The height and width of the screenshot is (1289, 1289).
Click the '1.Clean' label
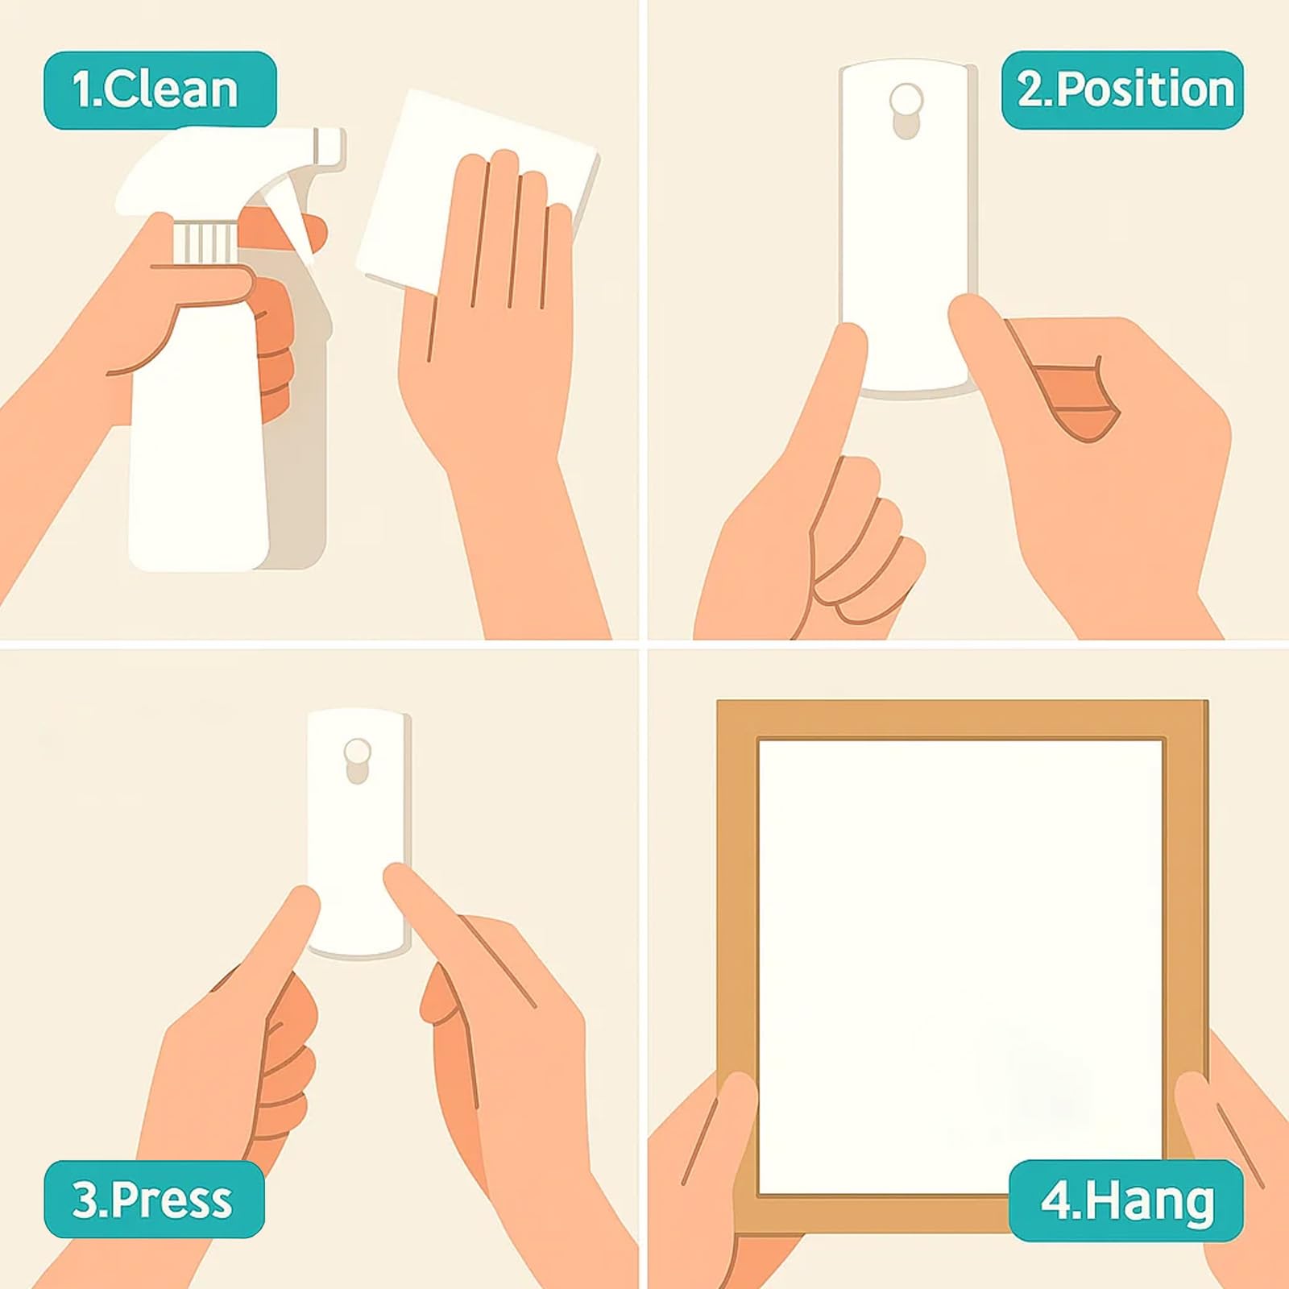[160, 89]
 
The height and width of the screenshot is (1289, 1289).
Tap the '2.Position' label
[1122, 89]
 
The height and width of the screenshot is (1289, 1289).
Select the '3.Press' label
[154, 1200]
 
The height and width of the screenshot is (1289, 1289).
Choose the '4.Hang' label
[1126, 1200]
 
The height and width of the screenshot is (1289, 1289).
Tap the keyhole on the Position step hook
[906, 110]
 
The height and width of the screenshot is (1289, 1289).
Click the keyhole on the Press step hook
[357, 760]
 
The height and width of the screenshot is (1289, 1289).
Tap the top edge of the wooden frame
[962, 719]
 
